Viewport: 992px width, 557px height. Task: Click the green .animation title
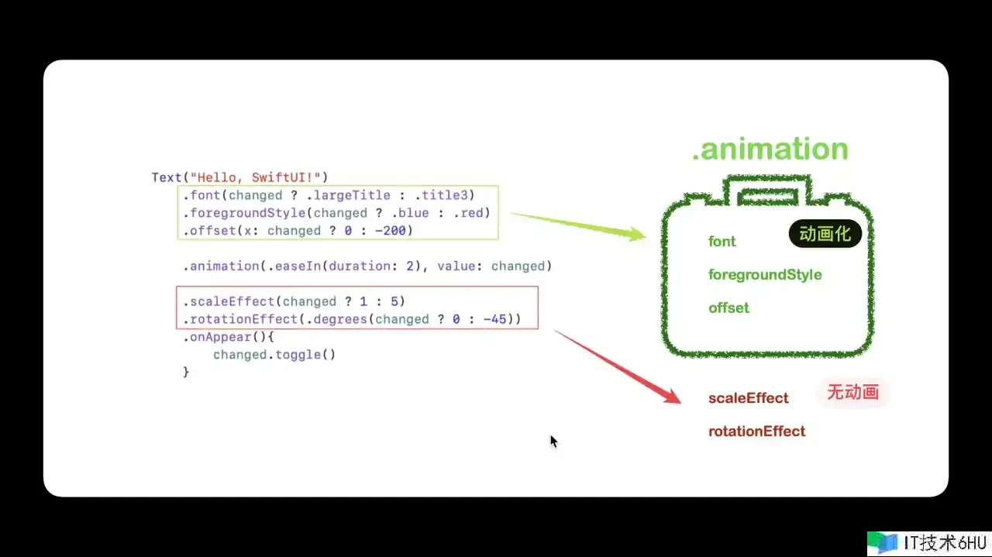tap(770, 149)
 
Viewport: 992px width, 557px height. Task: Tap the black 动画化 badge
tap(825, 233)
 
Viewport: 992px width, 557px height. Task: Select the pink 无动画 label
tap(852, 392)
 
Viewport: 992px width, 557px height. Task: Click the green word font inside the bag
tap(722, 241)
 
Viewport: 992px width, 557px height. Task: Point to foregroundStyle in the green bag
tap(765, 275)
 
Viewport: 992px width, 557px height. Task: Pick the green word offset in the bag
tap(728, 308)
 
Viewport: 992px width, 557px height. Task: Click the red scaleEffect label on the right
tap(749, 398)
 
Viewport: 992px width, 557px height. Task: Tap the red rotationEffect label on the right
tap(757, 432)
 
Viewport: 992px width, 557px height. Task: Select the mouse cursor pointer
tap(553, 442)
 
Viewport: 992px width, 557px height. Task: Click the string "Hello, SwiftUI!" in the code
tap(255, 177)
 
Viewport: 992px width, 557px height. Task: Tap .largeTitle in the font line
tap(348, 195)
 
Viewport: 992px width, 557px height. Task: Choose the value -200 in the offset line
tap(390, 231)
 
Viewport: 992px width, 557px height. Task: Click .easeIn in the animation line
tap(294, 266)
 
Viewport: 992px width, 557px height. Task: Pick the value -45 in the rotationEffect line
tap(494, 319)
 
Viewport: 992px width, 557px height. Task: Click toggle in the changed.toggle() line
tap(298, 355)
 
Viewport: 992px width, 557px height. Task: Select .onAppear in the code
tap(217, 337)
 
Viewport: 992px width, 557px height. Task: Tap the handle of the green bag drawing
tap(768, 190)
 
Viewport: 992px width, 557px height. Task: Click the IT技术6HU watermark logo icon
tap(883, 543)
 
